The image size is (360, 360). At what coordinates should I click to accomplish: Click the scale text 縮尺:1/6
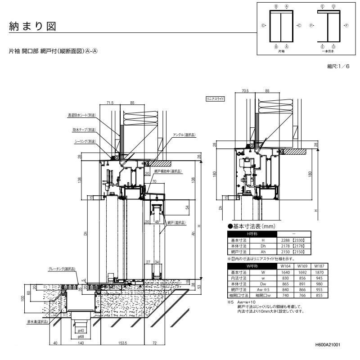tap(338, 66)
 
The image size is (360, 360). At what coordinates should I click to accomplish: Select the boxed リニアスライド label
tap(215, 98)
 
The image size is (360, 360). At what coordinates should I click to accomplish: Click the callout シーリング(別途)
tap(85, 141)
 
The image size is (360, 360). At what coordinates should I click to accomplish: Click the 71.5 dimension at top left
tap(110, 103)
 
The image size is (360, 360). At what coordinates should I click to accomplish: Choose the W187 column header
tap(319, 266)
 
